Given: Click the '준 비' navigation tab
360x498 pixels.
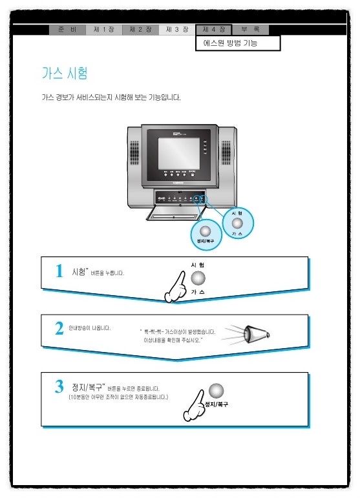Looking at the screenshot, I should coord(67,30).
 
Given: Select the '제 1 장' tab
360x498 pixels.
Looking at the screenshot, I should coord(103,30).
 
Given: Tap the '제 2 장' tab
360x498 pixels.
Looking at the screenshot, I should coord(140,30).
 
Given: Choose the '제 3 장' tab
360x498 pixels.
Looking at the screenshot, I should coord(176,30).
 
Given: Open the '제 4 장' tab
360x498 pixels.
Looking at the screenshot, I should coord(213,30).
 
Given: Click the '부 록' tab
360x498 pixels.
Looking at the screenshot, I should coord(250,30).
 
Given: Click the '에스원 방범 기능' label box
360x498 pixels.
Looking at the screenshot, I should coord(238,43).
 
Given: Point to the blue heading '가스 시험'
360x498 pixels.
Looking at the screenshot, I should coord(65,72).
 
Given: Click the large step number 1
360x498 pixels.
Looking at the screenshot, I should coord(59,272).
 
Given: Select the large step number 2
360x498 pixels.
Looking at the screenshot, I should coord(59,329).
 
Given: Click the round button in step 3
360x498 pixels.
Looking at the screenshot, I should coord(216,390).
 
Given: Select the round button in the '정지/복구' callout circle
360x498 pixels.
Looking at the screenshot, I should coord(206,231).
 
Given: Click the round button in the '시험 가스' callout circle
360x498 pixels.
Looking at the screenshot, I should coord(237,223).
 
